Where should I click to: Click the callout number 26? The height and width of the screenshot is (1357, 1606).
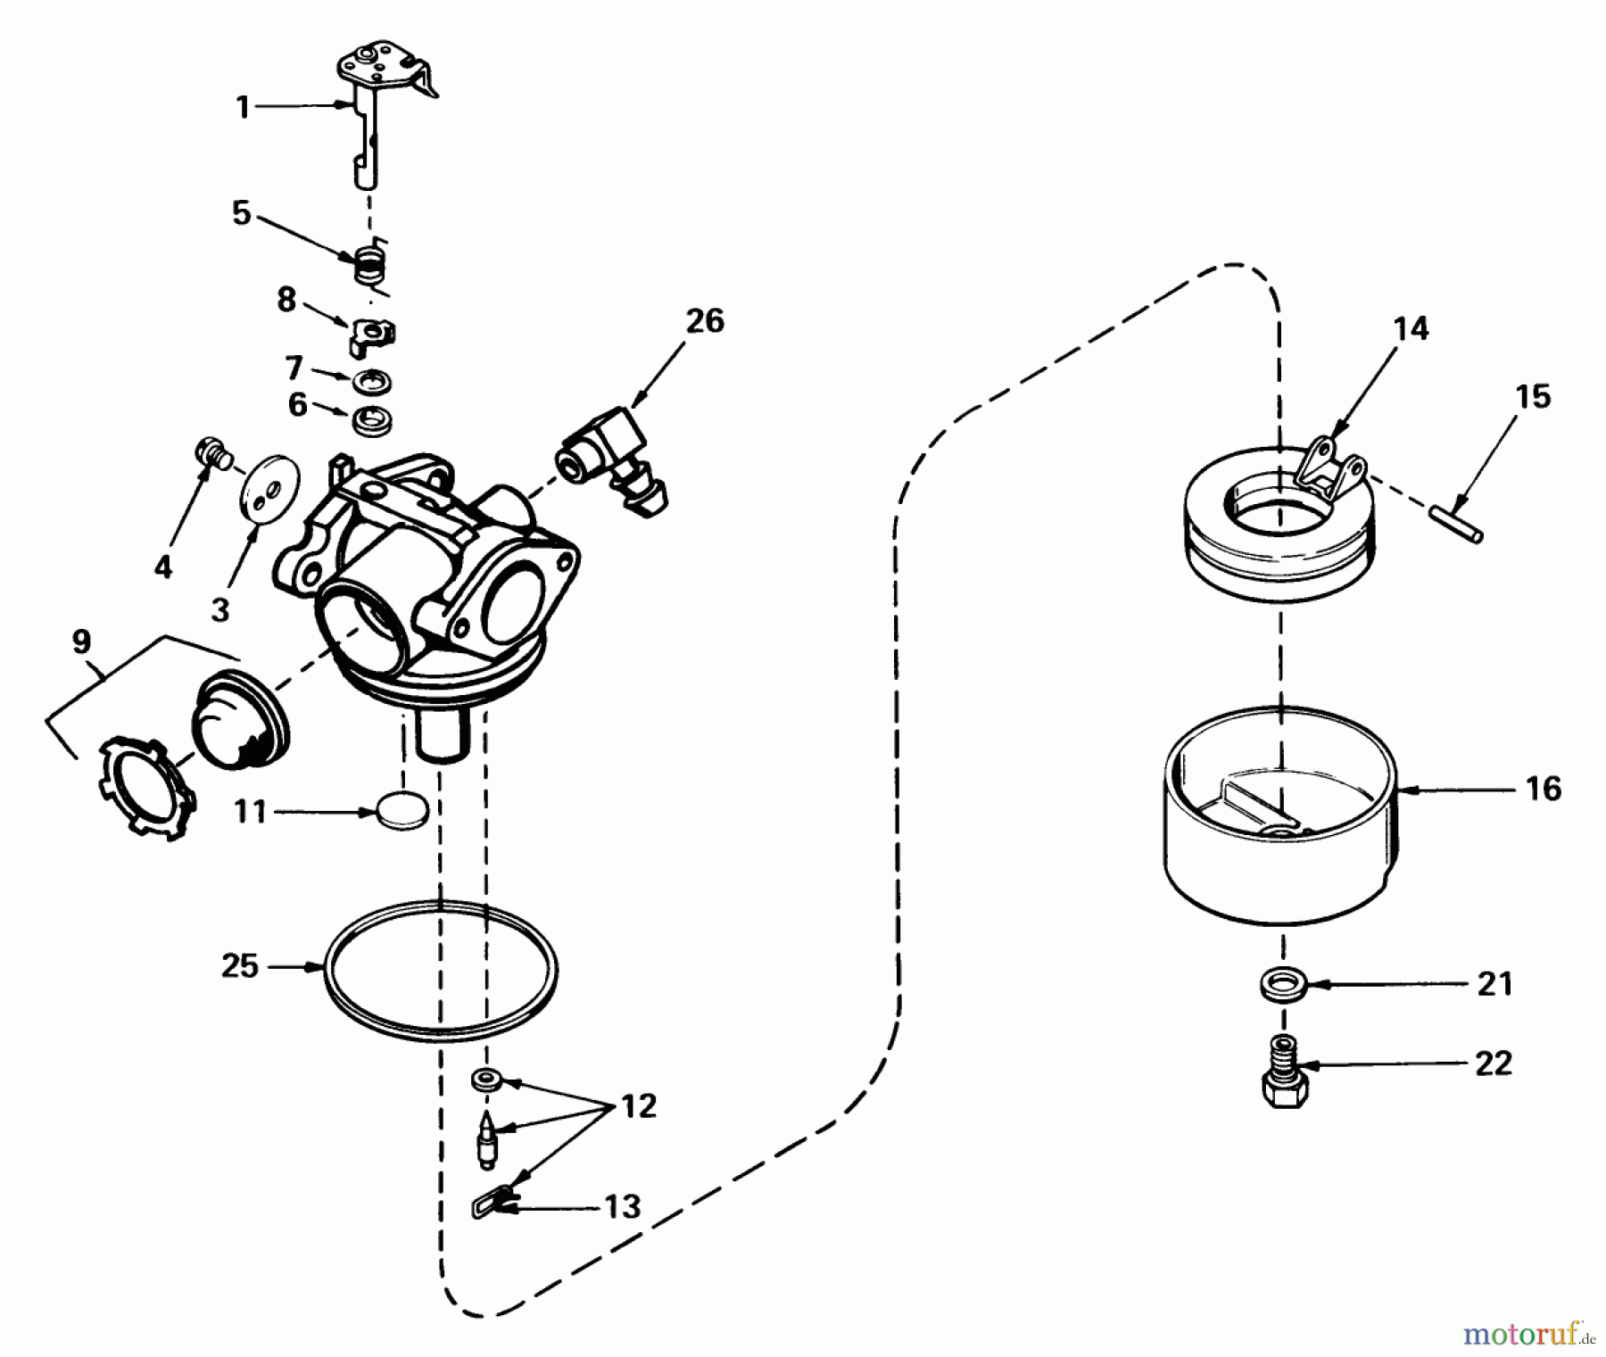(x=705, y=321)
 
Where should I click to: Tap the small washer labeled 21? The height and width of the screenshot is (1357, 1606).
(x=1283, y=985)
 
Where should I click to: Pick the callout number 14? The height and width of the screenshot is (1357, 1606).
(x=1411, y=328)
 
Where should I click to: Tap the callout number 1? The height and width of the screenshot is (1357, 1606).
(x=242, y=107)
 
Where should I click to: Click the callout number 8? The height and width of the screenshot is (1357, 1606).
(x=286, y=300)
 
